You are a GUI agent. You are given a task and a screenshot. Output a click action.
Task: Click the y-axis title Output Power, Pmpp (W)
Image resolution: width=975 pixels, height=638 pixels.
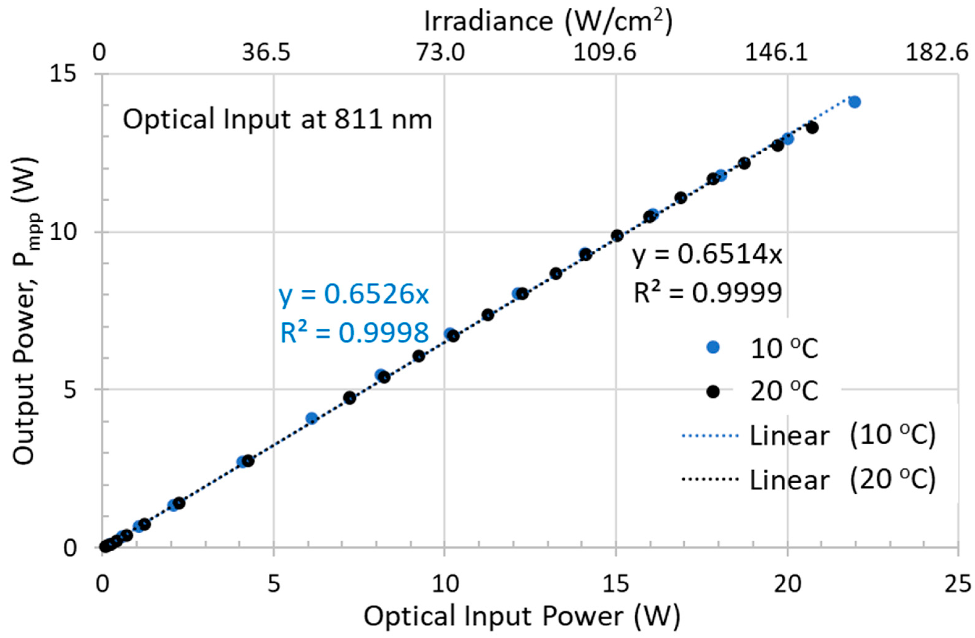click(x=25, y=311)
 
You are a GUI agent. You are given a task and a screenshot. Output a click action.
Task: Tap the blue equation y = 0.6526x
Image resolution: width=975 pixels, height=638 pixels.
click(x=354, y=295)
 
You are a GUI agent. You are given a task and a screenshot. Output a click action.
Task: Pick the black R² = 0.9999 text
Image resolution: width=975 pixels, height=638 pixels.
click(x=708, y=293)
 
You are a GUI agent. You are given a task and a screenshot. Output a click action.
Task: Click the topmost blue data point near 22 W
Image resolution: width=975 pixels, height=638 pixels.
click(x=855, y=102)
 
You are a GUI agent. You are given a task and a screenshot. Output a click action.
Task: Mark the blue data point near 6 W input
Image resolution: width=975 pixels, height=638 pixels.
click(x=312, y=418)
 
